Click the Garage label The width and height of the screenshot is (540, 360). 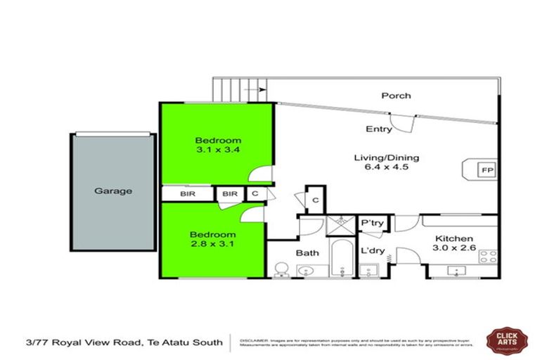[x=113, y=191]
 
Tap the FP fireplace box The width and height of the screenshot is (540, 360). [x=486, y=169]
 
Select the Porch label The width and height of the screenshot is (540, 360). [x=396, y=96]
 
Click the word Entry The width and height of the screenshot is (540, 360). [x=379, y=129]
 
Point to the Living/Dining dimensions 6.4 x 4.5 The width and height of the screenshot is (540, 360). [x=381, y=167]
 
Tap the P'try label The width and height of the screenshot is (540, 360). [x=371, y=223]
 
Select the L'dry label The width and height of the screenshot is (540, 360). [x=371, y=250]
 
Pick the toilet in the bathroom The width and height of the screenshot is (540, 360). [x=281, y=269]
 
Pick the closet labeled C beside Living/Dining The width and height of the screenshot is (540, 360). [x=316, y=199]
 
